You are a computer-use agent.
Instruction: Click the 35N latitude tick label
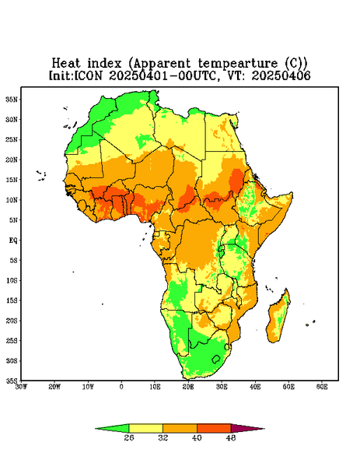pos(12,100)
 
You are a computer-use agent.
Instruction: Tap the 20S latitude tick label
pos(12,321)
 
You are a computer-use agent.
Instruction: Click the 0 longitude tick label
pos(121,387)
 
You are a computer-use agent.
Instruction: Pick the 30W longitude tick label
pos(22,387)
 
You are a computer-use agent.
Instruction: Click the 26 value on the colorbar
pos(129,437)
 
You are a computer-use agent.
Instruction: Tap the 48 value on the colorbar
pos(231,437)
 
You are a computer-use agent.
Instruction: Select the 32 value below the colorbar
pos(163,437)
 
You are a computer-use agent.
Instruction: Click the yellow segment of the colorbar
pos(145,428)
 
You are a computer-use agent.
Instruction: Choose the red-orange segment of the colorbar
pos(214,428)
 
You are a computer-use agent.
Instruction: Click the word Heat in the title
pos(66,64)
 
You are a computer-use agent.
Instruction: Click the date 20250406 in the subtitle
pos(281,75)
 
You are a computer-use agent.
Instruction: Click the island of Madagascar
pos(278,318)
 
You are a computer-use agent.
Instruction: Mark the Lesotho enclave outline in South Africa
pos(215,359)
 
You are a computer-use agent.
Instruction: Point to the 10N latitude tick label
pos(12,200)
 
